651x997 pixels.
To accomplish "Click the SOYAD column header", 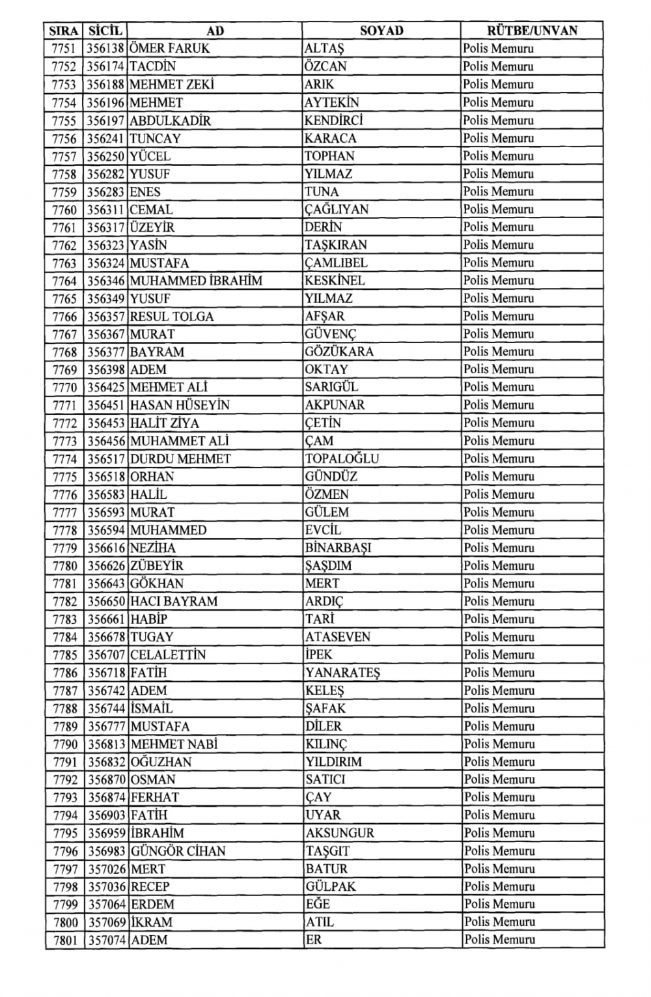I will click(381, 31).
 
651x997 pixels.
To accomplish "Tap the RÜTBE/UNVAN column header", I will click(532, 31).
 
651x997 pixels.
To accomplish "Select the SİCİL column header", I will click(105, 31).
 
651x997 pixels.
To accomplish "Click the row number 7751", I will click(64, 49).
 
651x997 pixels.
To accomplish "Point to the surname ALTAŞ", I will click(324, 49).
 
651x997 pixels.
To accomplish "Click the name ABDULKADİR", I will click(170, 120).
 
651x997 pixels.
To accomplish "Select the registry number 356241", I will click(106, 138).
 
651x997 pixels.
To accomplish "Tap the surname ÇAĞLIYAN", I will click(337, 210).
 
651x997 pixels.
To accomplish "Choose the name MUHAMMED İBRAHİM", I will click(196, 281).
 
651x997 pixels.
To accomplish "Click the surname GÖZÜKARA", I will click(339, 352).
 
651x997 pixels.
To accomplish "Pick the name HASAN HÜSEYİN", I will click(180, 405).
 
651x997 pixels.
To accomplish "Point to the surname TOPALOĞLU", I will click(342, 458).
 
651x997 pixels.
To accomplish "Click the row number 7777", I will click(64, 513).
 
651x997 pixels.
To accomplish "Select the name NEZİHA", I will click(153, 548).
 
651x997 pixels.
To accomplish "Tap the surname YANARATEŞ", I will click(342, 673).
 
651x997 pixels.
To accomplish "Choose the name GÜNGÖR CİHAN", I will click(178, 851).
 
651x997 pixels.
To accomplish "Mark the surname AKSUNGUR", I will click(340, 833).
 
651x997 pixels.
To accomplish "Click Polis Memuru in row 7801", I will click(500, 940).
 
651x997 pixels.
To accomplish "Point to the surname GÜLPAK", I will click(331, 886).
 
